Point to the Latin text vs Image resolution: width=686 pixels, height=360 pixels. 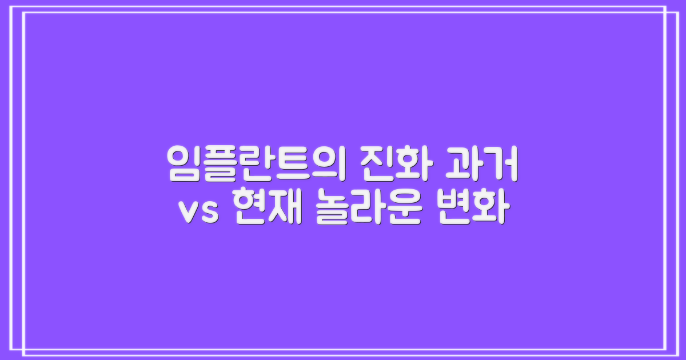tap(200, 213)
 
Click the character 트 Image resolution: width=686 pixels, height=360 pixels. tap(285, 164)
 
